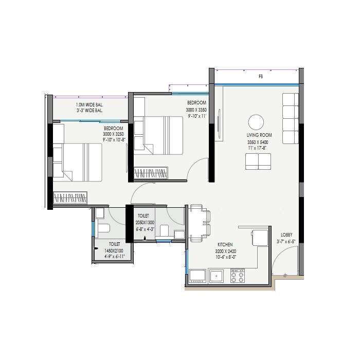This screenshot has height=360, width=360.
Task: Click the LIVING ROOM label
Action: pyautogui.click(x=259, y=135)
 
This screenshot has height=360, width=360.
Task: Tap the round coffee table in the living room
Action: pyautogui.click(x=256, y=122)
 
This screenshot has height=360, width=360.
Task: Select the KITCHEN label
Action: pyautogui.click(x=225, y=245)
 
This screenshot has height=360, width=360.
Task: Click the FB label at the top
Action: pyautogui.click(x=261, y=76)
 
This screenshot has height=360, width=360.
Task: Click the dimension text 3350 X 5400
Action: pyautogui.click(x=258, y=142)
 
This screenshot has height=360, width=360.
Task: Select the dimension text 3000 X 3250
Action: pyautogui.click(x=113, y=134)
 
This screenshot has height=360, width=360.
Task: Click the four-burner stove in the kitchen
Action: pyautogui.click(x=237, y=276)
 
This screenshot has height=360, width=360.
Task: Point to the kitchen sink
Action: pyautogui.click(x=216, y=276)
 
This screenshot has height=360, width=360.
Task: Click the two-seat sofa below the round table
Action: pyautogui.click(x=258, y=161)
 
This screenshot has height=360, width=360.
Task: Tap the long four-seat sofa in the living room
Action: pyautogui.click(x=290, y=119)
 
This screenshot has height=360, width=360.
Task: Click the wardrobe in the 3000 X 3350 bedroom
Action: pyautogui.click(x=151, y=173)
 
